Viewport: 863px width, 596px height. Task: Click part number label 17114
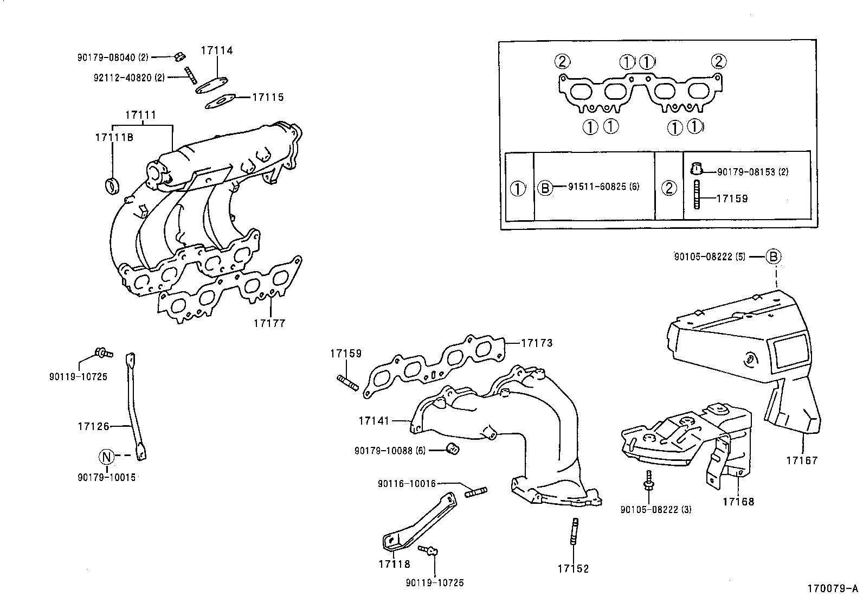pos(217,50)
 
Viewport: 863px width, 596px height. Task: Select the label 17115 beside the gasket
pos(268,98)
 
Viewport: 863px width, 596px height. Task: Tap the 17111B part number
pos(114,137)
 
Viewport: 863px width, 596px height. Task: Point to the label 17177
pos(269,324)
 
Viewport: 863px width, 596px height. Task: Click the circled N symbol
pos(106,457)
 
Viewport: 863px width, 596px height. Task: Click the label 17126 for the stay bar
pos(94,427)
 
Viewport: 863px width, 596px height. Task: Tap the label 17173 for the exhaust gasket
pos(537,343)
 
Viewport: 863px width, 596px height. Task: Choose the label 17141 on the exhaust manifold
pos(374,420)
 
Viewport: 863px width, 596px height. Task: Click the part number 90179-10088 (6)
pos(391,450)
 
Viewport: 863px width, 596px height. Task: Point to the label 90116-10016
pos(407,483)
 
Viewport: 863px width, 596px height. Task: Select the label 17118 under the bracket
pos(395,564)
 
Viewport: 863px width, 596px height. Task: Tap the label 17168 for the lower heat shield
pos(738,502)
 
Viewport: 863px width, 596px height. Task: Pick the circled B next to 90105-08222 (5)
pos(774,257)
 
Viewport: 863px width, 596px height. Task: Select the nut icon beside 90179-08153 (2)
pos(697,169)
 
